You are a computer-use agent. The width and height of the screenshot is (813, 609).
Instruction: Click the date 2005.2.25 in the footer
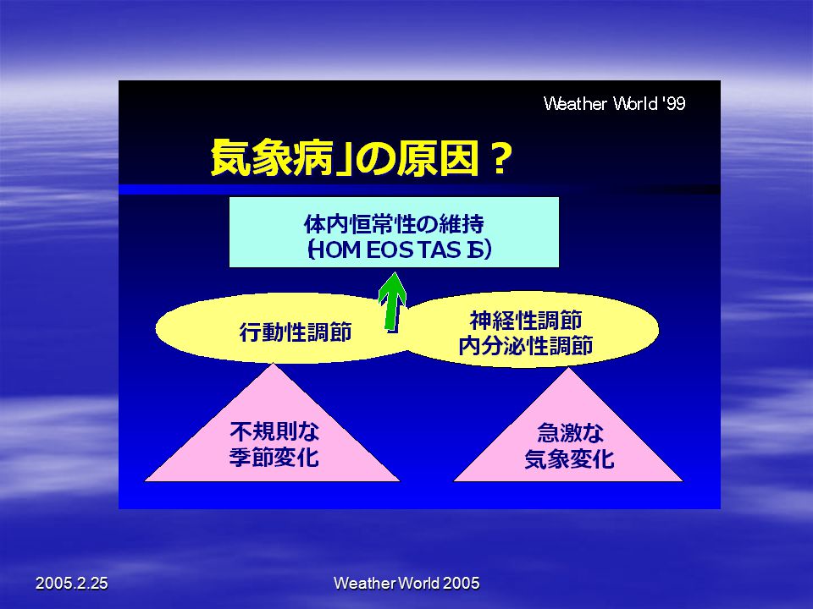[x=71, y=583]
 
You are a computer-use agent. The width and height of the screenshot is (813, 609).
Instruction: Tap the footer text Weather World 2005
[x=406, y=583]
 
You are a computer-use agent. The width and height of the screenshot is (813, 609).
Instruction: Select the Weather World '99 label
[x=615, y=103]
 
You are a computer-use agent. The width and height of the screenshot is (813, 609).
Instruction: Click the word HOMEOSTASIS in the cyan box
[x=399, y=250]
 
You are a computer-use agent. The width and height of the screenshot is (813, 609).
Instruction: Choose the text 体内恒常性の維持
[x=394, y=224]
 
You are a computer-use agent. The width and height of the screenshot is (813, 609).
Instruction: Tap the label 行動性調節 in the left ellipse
[x=296, y=332]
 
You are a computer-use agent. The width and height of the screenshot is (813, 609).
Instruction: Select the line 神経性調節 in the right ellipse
[x=526, y=320]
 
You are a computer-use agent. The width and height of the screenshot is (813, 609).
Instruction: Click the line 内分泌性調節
[x=526, y=345]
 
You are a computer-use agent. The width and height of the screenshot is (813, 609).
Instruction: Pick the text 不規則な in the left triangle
[x=274, y=431]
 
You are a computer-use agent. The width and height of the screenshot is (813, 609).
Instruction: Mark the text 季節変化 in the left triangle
[x=274, y=458]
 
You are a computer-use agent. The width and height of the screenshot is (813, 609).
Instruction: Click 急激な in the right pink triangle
[x=569, y=432]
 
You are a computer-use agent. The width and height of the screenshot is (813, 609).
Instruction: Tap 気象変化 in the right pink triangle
[x=569, y=458]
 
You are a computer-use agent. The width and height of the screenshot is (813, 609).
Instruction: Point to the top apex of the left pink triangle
[x=273, y=363]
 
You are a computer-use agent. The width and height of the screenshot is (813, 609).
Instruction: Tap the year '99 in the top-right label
[x=674, y=103]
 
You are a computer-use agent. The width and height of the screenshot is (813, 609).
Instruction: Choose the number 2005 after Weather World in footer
[x=462, y=583]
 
